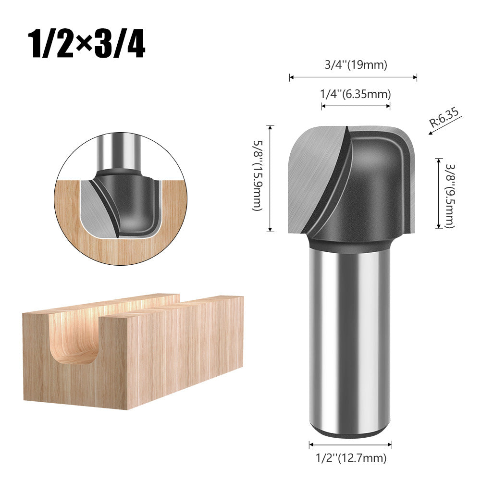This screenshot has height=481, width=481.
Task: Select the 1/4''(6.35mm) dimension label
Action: pyautogui.click(x=356, y=94)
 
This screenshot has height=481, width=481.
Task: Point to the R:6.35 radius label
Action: pyautogui.click(x=445, y=117)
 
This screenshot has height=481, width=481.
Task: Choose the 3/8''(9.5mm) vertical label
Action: pyautogui.click(x=449, y=195)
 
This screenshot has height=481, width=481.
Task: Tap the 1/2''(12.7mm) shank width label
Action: pyautogui.click(x=351, y=458)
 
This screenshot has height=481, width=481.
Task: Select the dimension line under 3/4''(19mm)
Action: pyautogui.click(x=353, y=77)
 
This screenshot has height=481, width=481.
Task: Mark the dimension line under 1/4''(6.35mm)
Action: pyautogui.click(x=356, y=105)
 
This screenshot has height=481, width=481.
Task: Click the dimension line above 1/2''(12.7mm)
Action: pyautogui.click(x=350, y=445)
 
